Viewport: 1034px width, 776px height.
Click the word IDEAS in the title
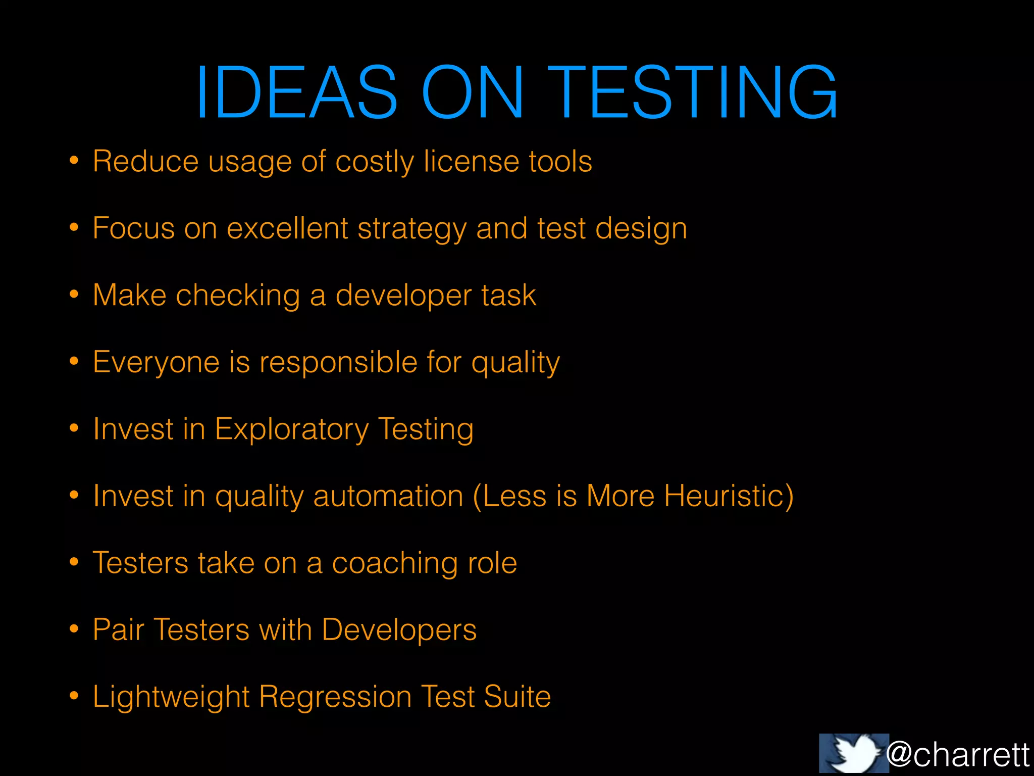pyautogui.click(x=296, y=92)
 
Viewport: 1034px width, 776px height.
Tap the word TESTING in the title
pyautogui.click(x=693, y=92)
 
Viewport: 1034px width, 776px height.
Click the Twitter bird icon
pyautogui.click(x=854, y=753)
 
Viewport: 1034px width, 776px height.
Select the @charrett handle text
pyautogui.click(x=958, y=755)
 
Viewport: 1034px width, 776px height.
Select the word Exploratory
pyautogui.click(x=291, y=430)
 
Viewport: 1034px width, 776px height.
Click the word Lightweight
pyautogui.click(x=171, y=698)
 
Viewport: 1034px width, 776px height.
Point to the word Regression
pyautogui.click(x=335, y=698)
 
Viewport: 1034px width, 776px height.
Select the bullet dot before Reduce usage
pyautogui.click(x=74, y=161)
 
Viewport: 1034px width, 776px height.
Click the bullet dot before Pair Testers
pyautogui.click(x=74, y=629)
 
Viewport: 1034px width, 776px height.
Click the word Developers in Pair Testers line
pyautogui.click(x=399, y=630)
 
